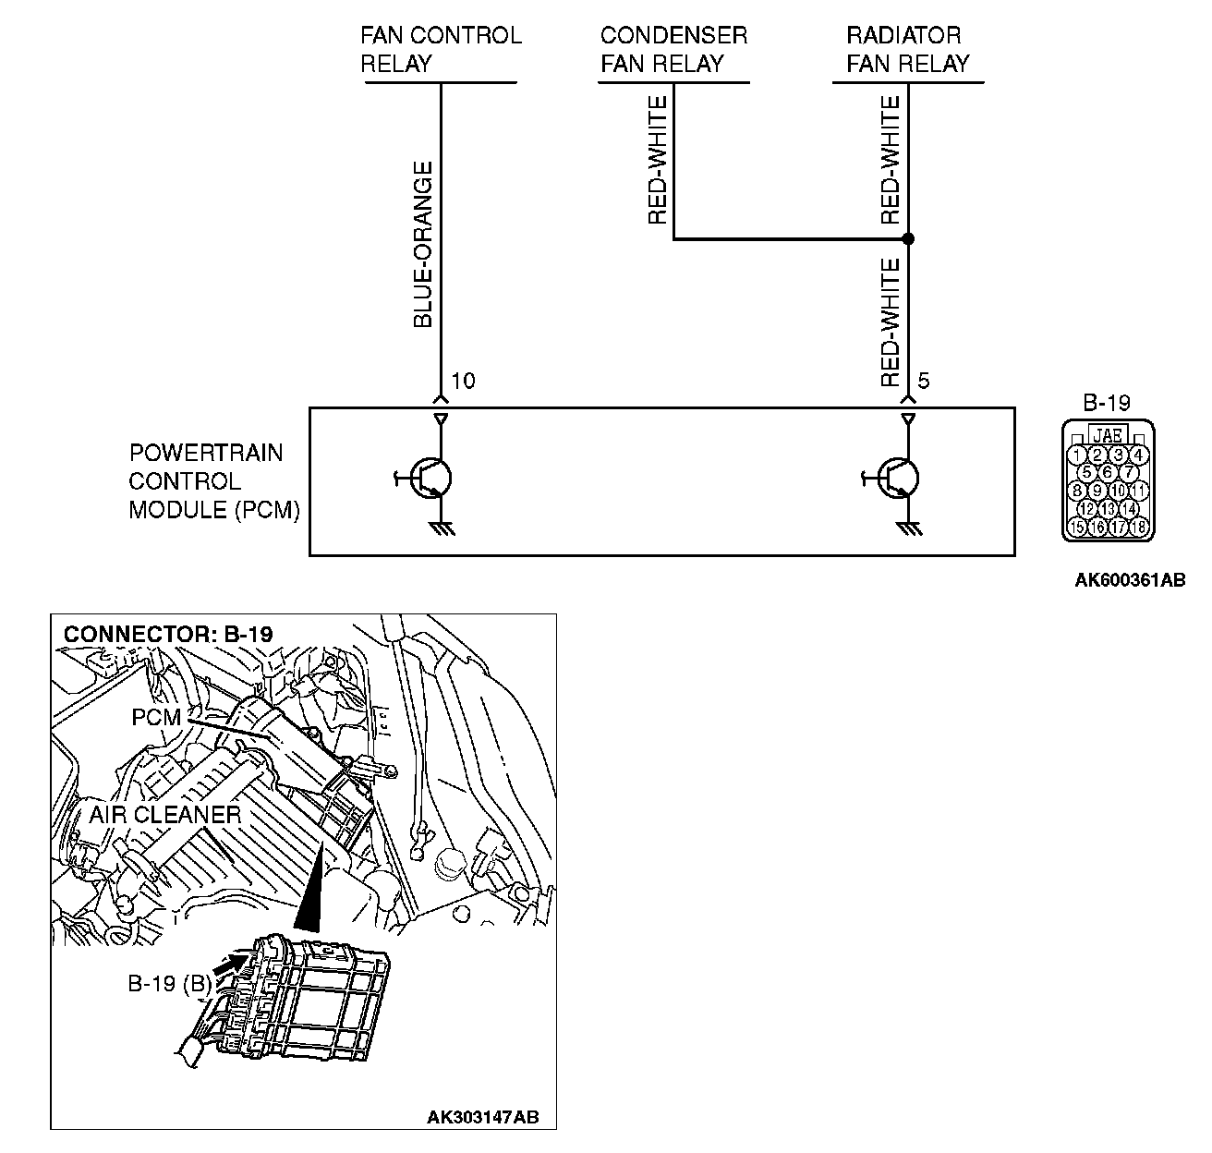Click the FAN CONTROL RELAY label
point(441,50)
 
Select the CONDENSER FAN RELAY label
point(673,50)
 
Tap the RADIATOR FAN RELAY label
point(908,50)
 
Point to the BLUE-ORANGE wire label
point(422,245)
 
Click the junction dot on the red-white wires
point(908,238)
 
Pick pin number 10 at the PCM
point(464,381)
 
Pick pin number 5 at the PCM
point(925,381)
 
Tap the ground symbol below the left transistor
point(441,529)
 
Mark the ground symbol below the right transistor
point(909,529)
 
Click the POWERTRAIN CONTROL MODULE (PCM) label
point(214,481)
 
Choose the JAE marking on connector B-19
point(1107,433)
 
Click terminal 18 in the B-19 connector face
point(1138,528)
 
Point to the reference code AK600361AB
point(1130,580)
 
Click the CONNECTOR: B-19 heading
point(168,635)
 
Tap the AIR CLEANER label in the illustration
point(165,815)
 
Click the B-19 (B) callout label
point(169,984)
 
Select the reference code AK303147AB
point(482,1118)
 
